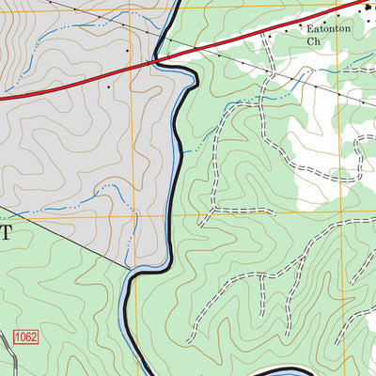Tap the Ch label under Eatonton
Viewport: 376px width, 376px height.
click(x=315, y=42)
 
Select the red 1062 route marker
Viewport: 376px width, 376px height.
click(x=26, y=337)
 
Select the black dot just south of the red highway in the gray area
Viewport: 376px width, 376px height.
click(x=109, y=87)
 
